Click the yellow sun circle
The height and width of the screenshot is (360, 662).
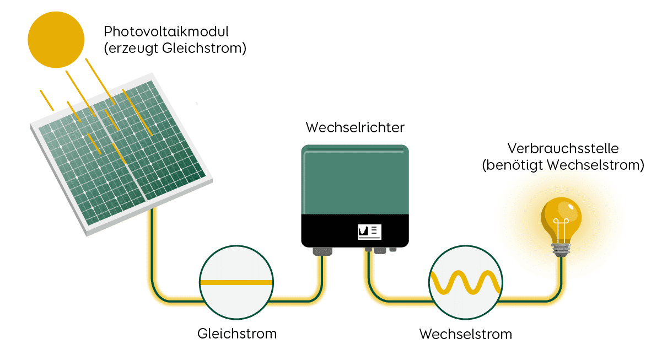(56, 40)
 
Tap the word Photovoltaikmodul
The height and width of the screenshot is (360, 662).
(166, 31)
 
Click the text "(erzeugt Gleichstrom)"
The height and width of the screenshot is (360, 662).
(174, 48)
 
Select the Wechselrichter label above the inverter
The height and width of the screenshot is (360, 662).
(355, 128)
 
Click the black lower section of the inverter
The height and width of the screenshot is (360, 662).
(331, 232)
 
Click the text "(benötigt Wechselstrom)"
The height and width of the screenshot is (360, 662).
(562, 165)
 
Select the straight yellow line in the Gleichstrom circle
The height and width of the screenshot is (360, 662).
(236, 282)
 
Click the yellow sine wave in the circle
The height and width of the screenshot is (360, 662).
(466, 282)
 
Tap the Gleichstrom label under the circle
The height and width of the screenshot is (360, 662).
(236, 334)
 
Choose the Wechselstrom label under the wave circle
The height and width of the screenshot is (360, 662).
(466, 334)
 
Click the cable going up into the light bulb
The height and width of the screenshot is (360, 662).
(562, 276)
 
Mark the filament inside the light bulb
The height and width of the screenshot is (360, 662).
(561, 229)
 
